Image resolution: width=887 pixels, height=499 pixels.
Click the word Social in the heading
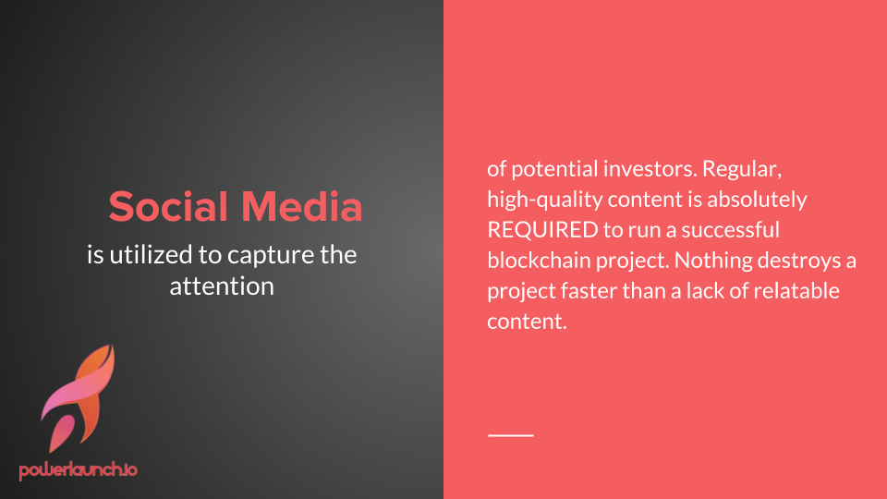168,206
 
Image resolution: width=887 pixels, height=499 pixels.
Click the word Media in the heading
302,206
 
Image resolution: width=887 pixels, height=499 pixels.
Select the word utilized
151,255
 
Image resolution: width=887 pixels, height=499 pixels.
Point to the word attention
222,286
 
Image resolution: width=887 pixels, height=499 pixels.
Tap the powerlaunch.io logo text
78,470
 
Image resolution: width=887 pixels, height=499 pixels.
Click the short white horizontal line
511,435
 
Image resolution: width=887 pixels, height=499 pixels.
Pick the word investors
650,169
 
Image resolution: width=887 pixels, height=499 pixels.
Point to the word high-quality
545,201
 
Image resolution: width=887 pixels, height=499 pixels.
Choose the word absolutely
757,201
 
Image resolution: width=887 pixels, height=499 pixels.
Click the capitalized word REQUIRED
543,230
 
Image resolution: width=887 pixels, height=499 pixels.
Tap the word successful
730,230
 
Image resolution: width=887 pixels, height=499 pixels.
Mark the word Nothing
713,262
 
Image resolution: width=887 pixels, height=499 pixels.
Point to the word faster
589,291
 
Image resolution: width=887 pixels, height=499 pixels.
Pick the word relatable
796,291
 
